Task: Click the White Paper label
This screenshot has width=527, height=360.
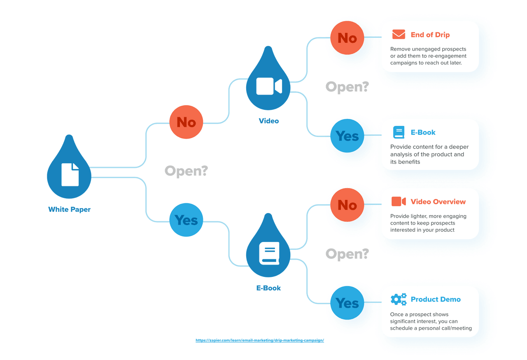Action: [69, 209]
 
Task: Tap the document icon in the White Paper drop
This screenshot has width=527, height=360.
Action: [70, 174]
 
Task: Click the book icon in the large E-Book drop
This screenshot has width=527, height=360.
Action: [269, 253]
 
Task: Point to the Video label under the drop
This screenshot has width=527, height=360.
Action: [268, 121]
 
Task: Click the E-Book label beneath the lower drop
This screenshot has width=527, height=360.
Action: [268, 288]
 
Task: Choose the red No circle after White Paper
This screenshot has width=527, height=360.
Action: [186, 122]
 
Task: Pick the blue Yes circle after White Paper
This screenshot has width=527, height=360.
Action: [186, 220]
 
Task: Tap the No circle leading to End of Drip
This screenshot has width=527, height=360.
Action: [347, 38]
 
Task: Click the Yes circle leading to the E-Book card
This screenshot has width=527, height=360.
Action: [347, 136]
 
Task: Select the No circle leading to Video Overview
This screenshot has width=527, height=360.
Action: [347, 205]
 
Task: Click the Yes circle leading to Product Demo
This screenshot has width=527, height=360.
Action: [347, 303]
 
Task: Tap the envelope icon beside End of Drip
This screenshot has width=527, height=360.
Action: [399, 34]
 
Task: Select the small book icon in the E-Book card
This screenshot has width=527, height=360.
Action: [399, 132]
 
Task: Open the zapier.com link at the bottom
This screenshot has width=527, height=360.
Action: [260, 341]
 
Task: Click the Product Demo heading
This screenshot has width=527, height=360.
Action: [436, 300]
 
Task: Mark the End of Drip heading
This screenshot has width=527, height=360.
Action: [430, 35]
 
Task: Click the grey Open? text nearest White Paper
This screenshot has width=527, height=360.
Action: [186, 171]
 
